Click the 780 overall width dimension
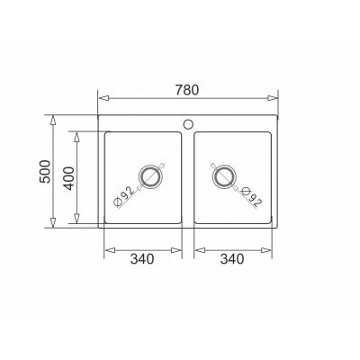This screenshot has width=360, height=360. [187, 90]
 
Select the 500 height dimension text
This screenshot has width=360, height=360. [45, 171]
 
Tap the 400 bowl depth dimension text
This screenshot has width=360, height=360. [69, 178]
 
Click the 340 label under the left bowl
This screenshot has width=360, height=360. [142, 259]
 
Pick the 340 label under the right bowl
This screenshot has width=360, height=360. [232, 259]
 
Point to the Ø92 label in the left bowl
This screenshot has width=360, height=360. [123, 197]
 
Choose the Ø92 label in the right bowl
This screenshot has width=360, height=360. [251, 197]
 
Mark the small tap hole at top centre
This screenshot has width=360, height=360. [188, 124]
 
